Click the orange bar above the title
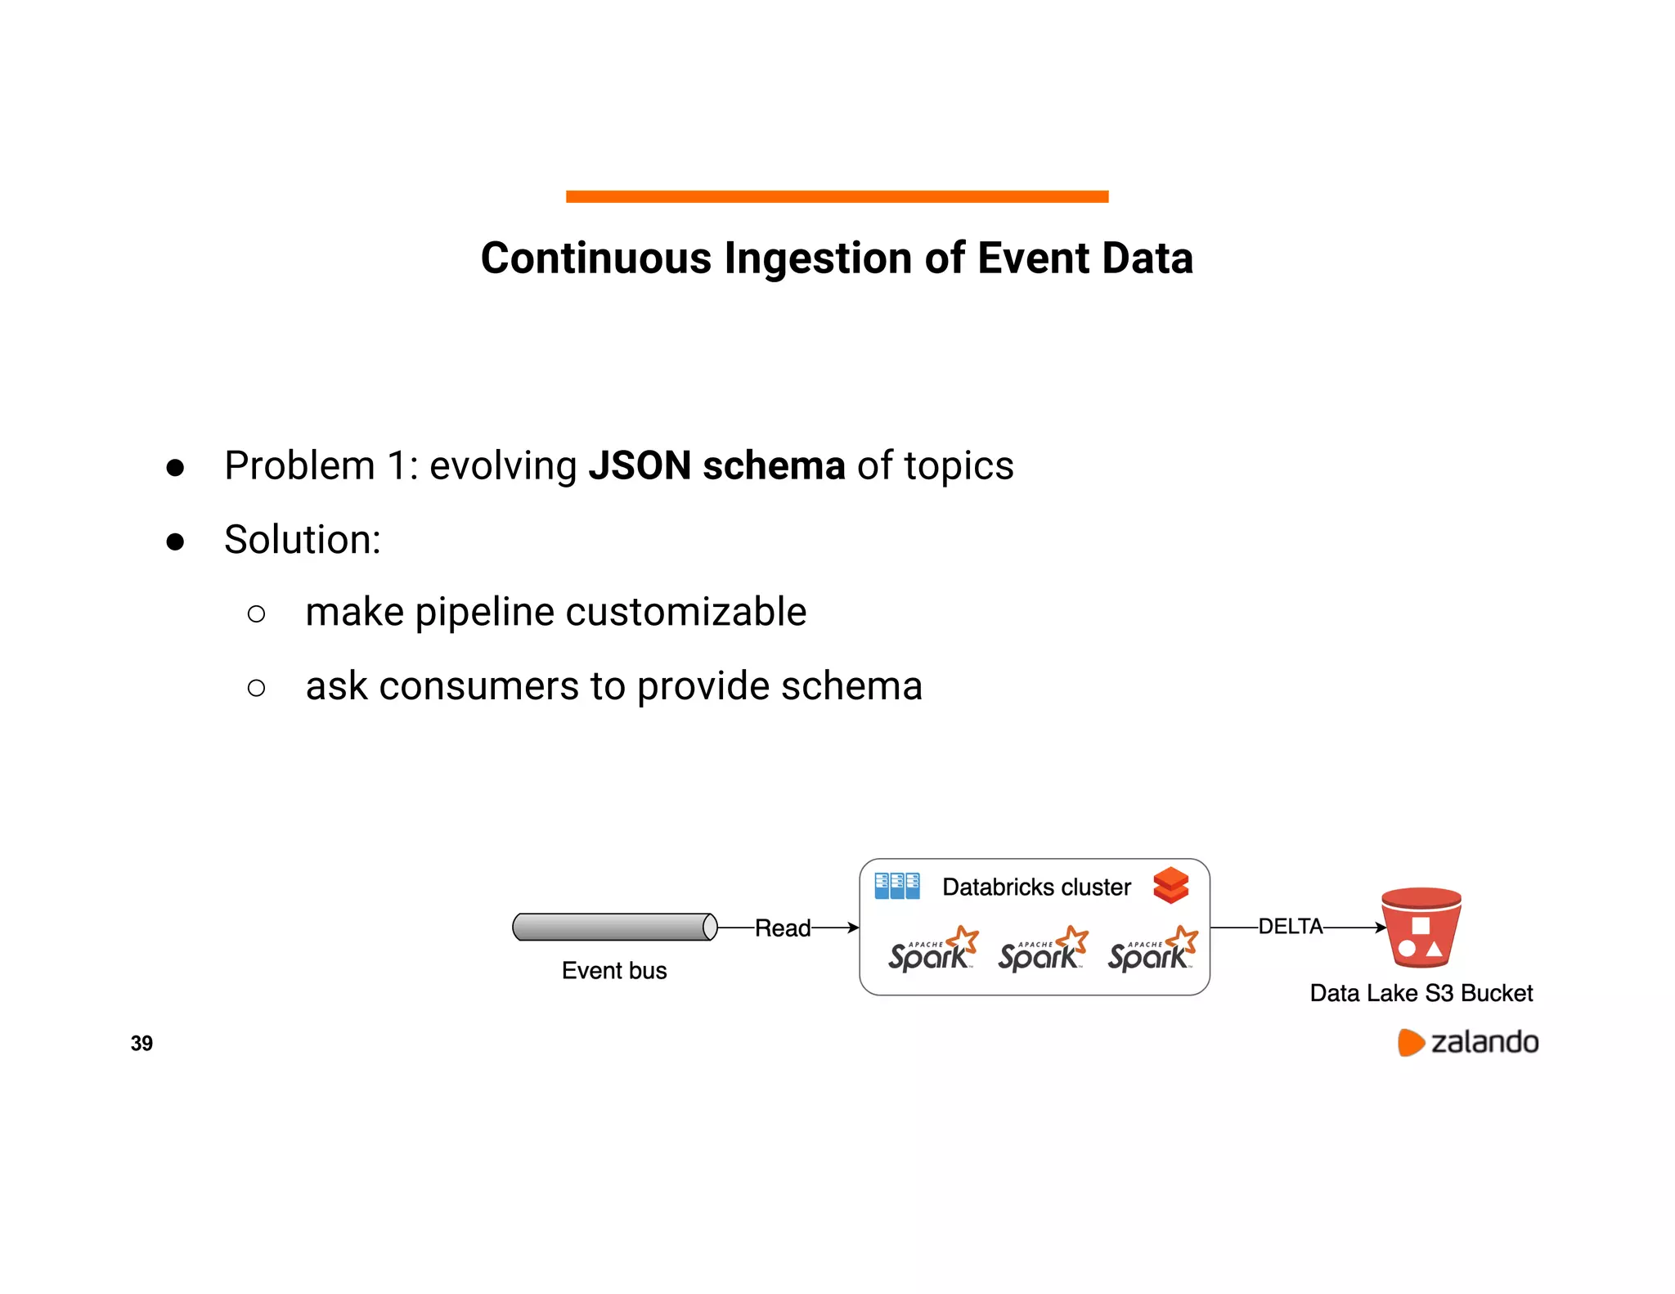(837, 196)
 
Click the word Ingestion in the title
(819, 258)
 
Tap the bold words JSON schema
(716, 465)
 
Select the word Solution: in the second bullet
(303, 540)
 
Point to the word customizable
(685, 612)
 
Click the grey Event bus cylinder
(614, 927)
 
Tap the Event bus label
(614, 971)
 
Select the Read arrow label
(782, 928)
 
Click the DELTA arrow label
(1290, 927)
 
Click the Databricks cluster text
(1036, 887)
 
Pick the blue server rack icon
(896, 886)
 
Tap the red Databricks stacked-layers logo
(1170, 886)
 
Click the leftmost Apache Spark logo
(932, 950)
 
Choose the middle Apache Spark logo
(1042, 950)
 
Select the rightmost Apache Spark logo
(1152, 950)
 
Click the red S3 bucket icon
(1421, 928)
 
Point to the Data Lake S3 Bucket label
(1421, 993)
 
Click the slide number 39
(141, 1043)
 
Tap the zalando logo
(1468, 1042)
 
